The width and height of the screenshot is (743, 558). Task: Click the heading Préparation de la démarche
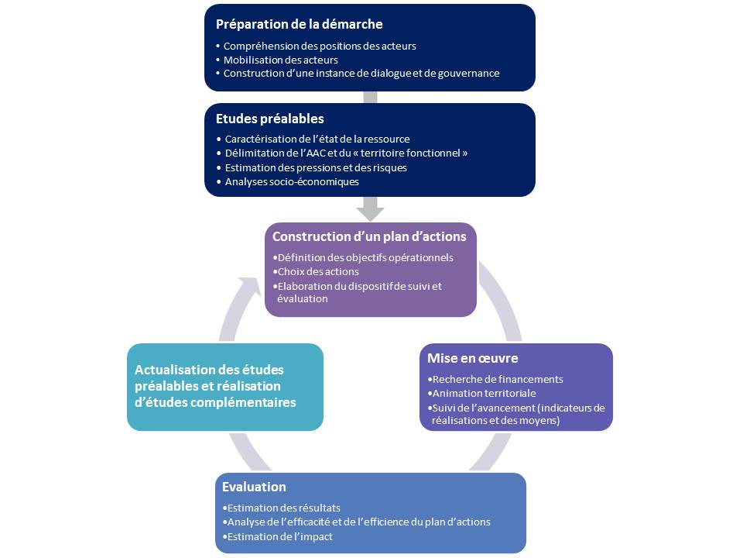[299, 24]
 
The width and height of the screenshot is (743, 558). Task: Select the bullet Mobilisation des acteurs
[280, 60]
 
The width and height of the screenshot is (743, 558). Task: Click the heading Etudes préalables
[269, 119]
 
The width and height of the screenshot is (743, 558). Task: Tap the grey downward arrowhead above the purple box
[370, 211]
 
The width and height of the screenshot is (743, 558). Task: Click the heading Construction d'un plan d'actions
[369, 236]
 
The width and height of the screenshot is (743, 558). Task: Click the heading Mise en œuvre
[472, 358]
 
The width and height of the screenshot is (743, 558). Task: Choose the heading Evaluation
[254, 487]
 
